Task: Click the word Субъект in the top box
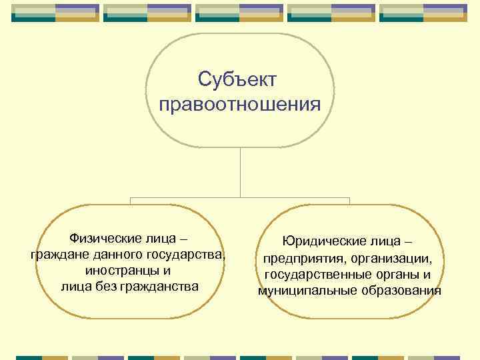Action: (240, 80)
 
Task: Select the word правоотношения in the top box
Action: (240, 105)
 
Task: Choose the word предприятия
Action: (301, 258)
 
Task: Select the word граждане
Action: (59, 255)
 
